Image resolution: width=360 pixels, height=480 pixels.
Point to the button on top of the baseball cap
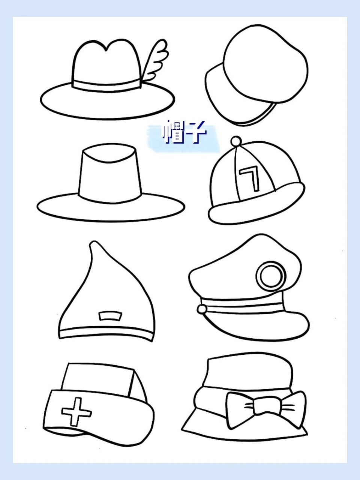(x=236, y=141)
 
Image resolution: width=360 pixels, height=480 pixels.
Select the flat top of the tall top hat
(x=109, y=152)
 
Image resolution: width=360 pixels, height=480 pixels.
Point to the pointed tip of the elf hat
(x=93, y=246)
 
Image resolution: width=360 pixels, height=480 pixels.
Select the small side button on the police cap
(x=202, y=309)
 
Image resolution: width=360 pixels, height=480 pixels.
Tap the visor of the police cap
(x=262, y=326)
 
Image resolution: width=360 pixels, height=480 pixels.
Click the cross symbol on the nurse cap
(x=76, y=411)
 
